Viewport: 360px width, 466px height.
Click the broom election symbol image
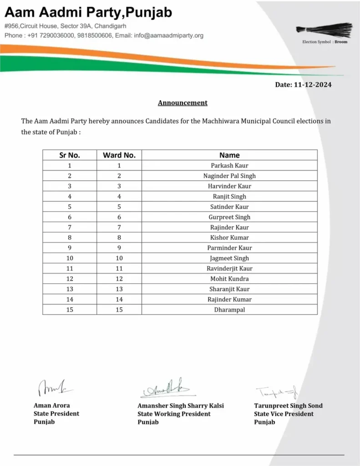pyautogui.click(x=324, y=30)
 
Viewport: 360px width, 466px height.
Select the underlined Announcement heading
pyautogui.click(x=183, y=103)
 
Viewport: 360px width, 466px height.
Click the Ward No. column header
pyautogui.click(x=119, y=155)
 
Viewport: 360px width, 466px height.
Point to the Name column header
pyautogui.click(x=229, y=155)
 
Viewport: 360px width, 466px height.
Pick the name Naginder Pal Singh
pyautogui.click(x=229, y=176)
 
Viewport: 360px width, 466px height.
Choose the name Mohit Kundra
pyautogui.click(x=229, y=279)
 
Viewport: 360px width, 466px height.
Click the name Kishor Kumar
pyautogui.click(x=229, y=238)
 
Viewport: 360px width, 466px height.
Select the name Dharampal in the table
pyautogui.click(x=229, y=309)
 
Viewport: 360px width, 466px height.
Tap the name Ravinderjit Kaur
pyautogui.click(x=229, y=268)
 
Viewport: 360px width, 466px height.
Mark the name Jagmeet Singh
pyautogui.click(x=229, y=258)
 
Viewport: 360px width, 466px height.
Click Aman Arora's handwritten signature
pyautogui.click(x=53, y=387)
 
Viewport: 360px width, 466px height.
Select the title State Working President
pyautogui.click(x=174, y=414)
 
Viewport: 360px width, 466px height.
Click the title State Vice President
pyautogui.click(x=284, y=414)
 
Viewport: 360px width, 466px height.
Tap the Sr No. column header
pyautogui.click(x=70, y=155)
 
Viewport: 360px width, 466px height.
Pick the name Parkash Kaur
pyautogui.click(x=229, y=166)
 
